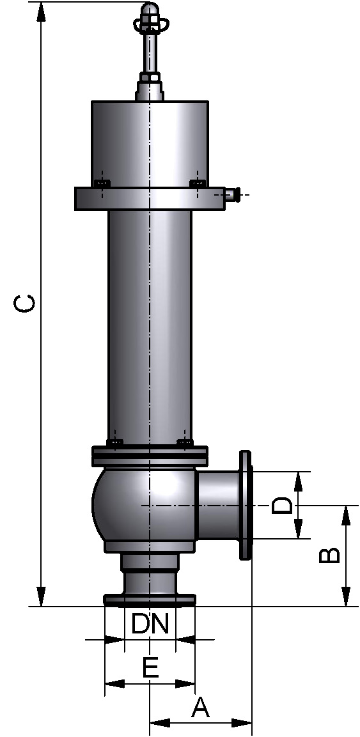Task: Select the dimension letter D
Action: tap(282, 506)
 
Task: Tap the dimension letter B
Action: tap(329, 555)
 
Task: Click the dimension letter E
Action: tap(150, 669)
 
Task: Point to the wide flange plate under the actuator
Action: tap(150, 198)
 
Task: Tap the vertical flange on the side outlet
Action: tap(246, 505)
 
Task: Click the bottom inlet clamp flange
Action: tap(150, 600)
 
